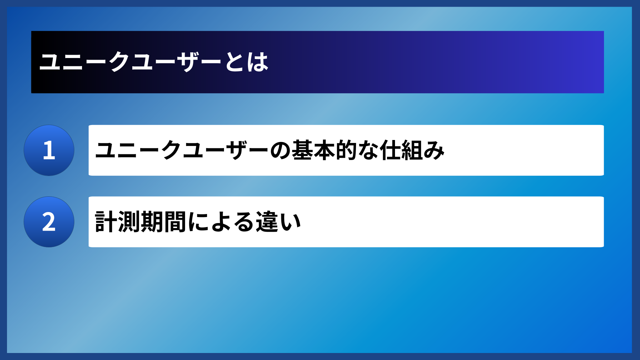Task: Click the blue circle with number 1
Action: click(49, 150)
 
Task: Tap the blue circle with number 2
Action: click(49, 222)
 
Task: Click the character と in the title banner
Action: click(235, 62)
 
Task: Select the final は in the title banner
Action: click(257, 62)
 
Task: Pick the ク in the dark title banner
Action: click(119, 62)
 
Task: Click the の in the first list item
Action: click(280, 150)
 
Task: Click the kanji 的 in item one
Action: click(346, 150)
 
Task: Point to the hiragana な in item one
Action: click(368, 150)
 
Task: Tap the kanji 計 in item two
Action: click(106, 222)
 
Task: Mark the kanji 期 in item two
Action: click(152, 222)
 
